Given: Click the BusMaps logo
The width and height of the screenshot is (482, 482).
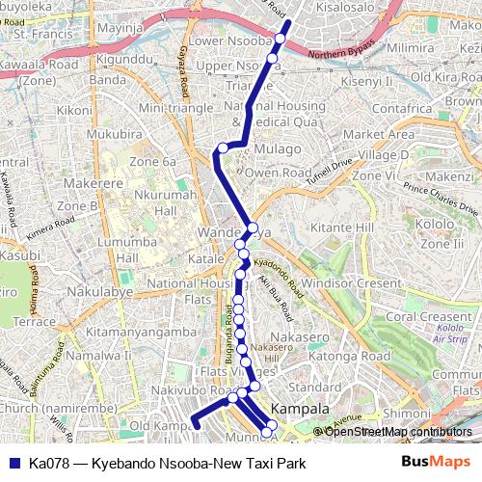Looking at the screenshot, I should click(x=438, y=463).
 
